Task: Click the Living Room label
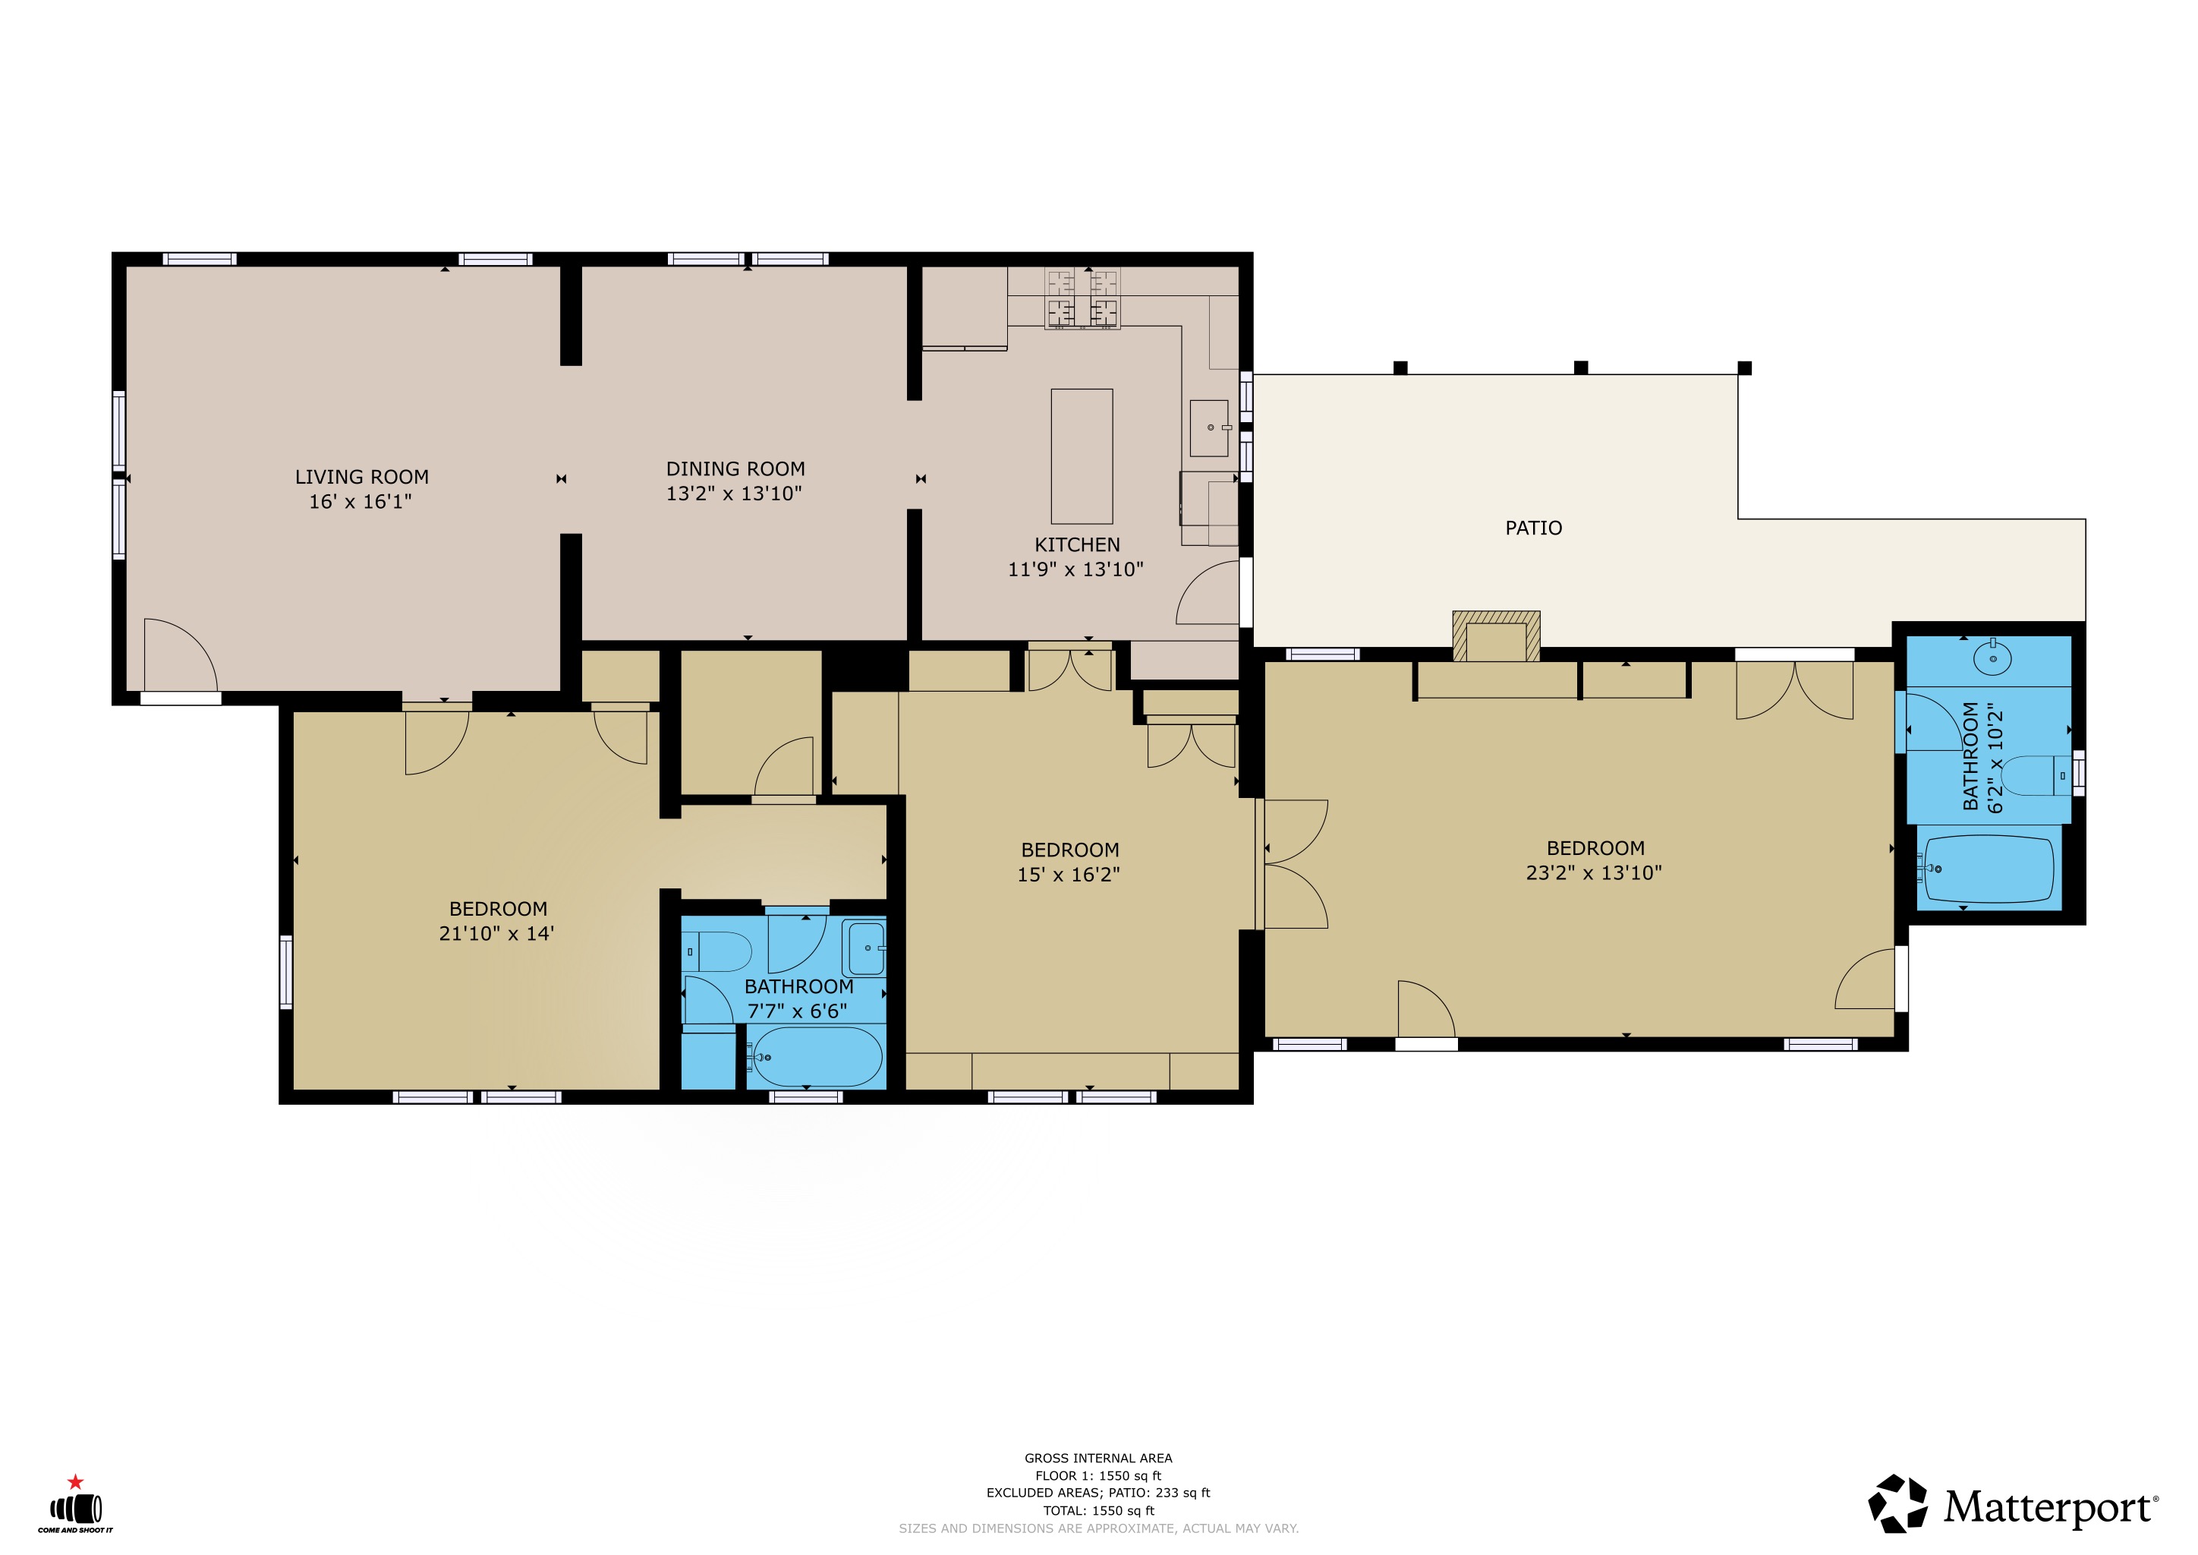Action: [x=362, y=477]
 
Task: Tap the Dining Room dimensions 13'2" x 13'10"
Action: [x=734, y=493]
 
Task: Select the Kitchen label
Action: [x=1077, y=545]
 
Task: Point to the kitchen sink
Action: [x=1209, y=428]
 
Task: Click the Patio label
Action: [x=1534, y=528]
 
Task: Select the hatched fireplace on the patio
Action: [x=1496, y=636]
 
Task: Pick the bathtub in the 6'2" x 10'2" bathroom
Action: [x=1989, y=869]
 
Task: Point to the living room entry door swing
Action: [x=180, y=655]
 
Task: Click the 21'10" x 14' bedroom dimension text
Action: [x=497, y=934]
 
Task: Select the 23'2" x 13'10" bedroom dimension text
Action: [x=1594, y=872]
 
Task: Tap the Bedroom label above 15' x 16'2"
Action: [x=1070, y=850]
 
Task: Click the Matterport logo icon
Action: [x=1898, y=1503]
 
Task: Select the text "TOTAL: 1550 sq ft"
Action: [x=1098, y=1511]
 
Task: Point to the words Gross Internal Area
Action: [x=1098, y=1459]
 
